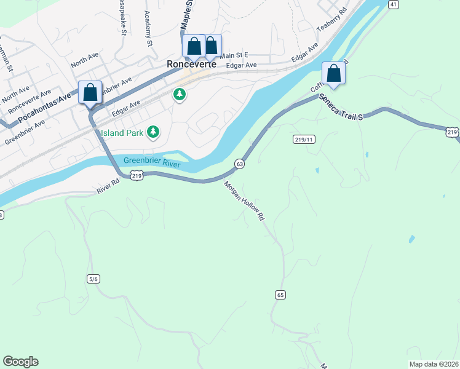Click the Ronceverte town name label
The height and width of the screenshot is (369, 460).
(x=192, y=63)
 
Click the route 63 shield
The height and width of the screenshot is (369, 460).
(x=240, y=164)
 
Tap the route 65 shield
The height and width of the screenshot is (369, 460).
(x=280, y=295)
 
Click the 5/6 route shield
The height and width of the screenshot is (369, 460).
(x=93, y=279)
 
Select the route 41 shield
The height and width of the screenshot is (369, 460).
(x=393, y=4)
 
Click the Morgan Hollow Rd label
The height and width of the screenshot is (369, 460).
(x=244, y=200)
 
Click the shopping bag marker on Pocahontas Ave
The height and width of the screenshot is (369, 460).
(x=90, y=93)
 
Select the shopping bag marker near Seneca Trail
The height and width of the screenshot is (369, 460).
(x=333, y=73)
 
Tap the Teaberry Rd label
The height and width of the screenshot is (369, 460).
(x=332, y=19)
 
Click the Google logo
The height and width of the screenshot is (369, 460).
(x=20, y=362)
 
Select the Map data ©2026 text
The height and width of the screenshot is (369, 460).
(x=433, y=363)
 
